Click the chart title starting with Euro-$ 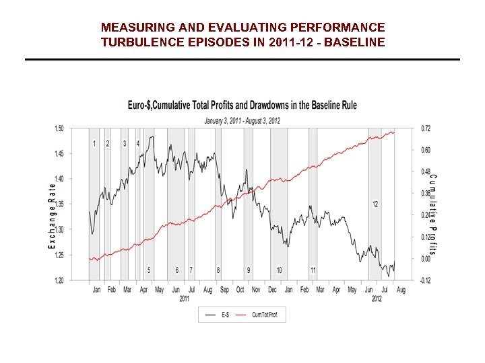click(x=243, y=105)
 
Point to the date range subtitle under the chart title click(x=243, y=121)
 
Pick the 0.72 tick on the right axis click(x=426, y=128)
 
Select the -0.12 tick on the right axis click(x=425, y=280)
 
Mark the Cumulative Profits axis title click(x=433, y=214)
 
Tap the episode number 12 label click(x=375, y=204)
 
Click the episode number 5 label click(x=149, y=270)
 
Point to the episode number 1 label click(x=94, y=144)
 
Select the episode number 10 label click(x=279, y=270)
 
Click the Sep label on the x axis click(x=224, y=290)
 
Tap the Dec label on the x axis click(x=272, y=290)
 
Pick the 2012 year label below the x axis click(x=377, y=298)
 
